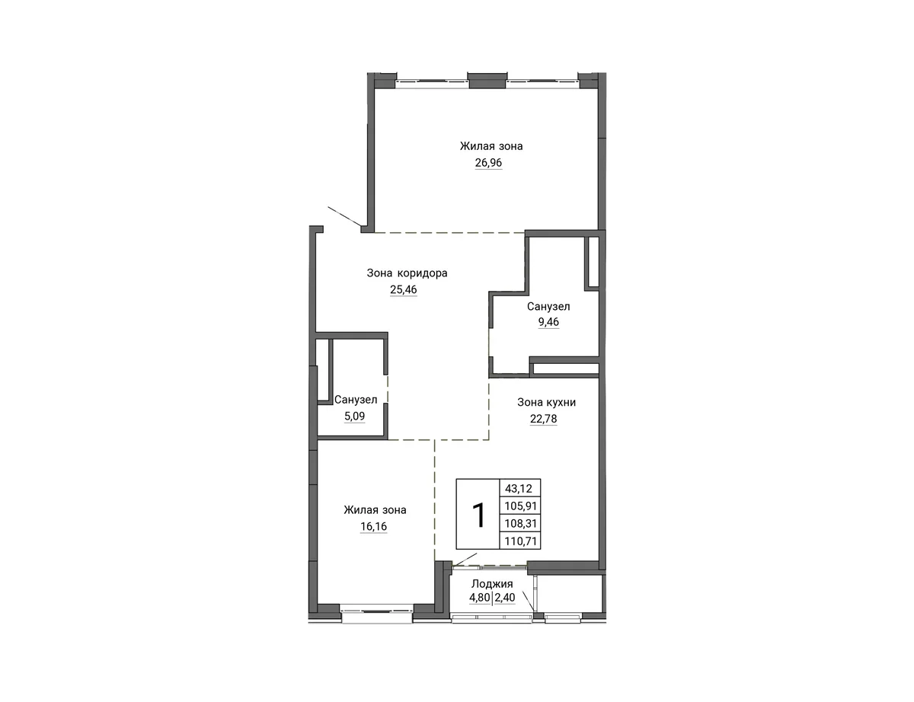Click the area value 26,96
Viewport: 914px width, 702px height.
488,162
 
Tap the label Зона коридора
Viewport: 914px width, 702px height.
407,273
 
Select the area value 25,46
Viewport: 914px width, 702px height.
404,289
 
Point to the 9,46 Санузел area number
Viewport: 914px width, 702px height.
548,321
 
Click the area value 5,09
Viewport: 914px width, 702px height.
355,416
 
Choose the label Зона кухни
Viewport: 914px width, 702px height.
546,402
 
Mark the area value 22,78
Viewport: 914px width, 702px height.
543,419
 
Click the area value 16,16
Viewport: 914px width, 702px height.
373,526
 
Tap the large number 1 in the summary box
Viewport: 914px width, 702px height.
478,515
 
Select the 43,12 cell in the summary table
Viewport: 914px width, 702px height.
519,489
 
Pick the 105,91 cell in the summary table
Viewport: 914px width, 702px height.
521,506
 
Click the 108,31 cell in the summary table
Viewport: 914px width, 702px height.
521,523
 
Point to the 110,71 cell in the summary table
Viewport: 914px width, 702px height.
521,541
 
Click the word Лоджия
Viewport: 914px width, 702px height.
492,584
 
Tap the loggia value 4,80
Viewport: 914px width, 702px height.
480,598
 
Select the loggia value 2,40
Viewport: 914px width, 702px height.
505,598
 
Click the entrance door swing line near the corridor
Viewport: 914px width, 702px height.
344,216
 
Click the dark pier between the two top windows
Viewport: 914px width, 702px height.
487,80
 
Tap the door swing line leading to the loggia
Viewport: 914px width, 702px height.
465,560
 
